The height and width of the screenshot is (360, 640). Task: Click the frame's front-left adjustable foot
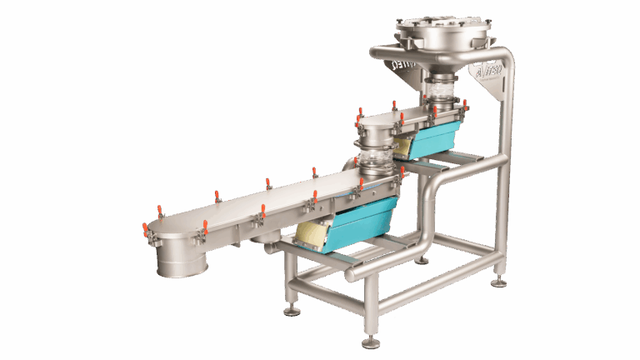click(x=292, y=310)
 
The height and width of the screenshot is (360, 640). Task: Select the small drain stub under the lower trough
click(x=265, y=241)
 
